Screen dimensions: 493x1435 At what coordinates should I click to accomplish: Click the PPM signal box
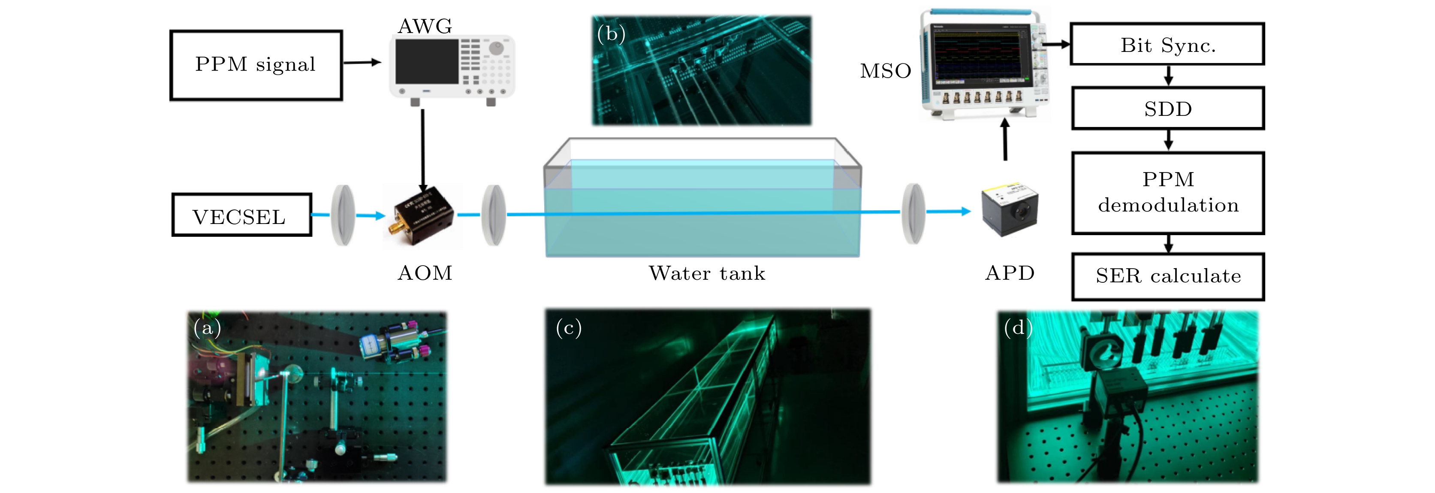click(256, 65)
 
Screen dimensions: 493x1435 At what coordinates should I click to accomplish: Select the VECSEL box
click(241, 215)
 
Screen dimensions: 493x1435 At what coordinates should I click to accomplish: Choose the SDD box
click(1168, 109)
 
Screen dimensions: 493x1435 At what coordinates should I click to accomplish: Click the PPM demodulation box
click(1168, 193)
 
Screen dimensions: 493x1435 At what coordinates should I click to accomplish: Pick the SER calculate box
click(1168, 276)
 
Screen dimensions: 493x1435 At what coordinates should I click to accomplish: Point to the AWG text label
click(425, 26)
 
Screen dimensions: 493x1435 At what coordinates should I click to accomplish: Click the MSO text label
click(885, 71)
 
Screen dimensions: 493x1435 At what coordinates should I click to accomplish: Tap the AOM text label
click(425, 273)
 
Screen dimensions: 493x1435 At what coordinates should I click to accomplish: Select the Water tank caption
click(707, 273)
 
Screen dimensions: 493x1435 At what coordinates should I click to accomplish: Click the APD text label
click(1010, 273)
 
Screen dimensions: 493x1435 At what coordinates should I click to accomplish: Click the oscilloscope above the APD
click(983, 64)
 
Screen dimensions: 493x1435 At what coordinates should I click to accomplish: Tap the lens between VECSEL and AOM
click(343, 215)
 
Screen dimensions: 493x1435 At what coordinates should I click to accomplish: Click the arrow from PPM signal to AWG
click(362, 62)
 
